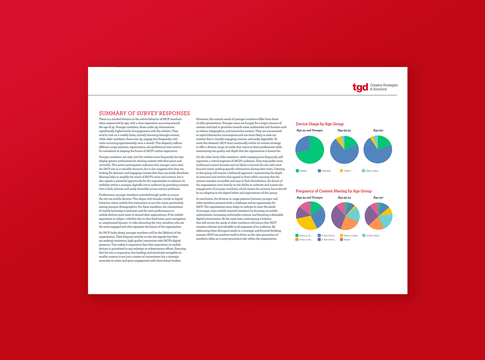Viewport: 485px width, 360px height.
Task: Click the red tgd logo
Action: [x=360, y=87]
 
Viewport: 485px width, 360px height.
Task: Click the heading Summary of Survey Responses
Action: [x=144, y=113]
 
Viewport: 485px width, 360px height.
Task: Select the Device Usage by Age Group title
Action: [x=320, y=124]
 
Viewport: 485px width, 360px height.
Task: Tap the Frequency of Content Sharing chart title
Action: [x=333, y=191]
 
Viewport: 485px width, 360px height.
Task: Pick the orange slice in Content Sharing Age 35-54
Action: [x=349, y=224]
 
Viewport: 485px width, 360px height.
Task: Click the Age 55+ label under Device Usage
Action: [x=378, y=130]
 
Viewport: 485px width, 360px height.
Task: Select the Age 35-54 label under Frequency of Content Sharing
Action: [x=344, y=198]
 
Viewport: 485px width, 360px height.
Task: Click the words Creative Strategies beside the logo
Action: [x=384, y=85]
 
